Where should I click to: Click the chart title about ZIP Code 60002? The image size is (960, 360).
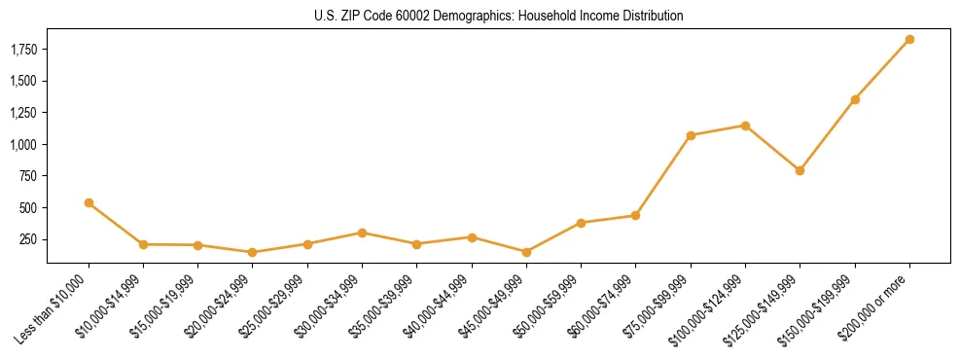(x=498, y=16)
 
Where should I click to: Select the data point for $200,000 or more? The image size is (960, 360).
(x=909, y=40)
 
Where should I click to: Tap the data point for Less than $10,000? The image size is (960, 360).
(x=89, y=202)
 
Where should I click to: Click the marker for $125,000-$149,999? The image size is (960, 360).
(x=800, y=170)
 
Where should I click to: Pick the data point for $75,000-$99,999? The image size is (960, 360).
(x=691, y=135)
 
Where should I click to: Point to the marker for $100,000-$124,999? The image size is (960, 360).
(x=745, y=126)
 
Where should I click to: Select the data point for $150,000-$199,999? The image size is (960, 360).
(x=855, y=99)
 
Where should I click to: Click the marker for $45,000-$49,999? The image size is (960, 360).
(x=526, y=252)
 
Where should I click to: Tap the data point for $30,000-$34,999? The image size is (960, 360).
(x=362, y=233)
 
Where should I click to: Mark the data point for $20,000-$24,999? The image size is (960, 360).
(x=253, y=252)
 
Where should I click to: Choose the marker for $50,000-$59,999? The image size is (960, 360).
(x=581, y=223)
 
